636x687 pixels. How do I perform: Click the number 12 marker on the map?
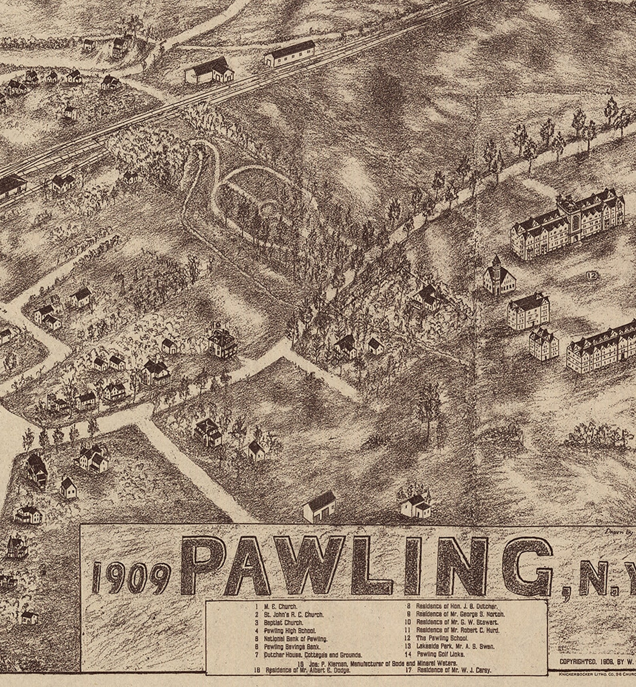[x=591, y=275]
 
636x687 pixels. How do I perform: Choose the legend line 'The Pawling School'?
[x=442, y=638]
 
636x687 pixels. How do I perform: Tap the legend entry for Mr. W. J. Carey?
[x=454, y=669]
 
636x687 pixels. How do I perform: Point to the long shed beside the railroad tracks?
[x=290, y=54]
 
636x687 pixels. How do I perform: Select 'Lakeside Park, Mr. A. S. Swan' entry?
[x=455, y=646]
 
